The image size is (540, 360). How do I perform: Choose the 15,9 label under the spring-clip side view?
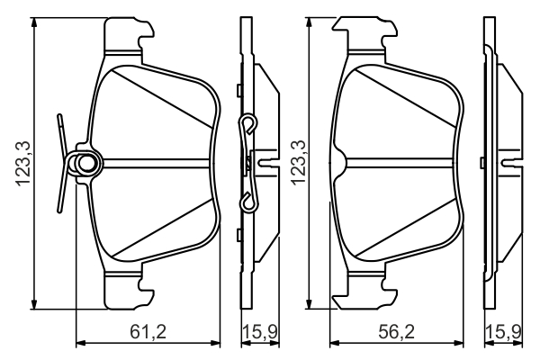(x=259, y=332)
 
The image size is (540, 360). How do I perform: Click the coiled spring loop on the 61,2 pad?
(x=85, y=164)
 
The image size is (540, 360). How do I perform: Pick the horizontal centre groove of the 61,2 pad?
(x=157, y=162)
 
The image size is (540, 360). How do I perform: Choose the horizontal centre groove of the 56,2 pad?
(x=400, y=162)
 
